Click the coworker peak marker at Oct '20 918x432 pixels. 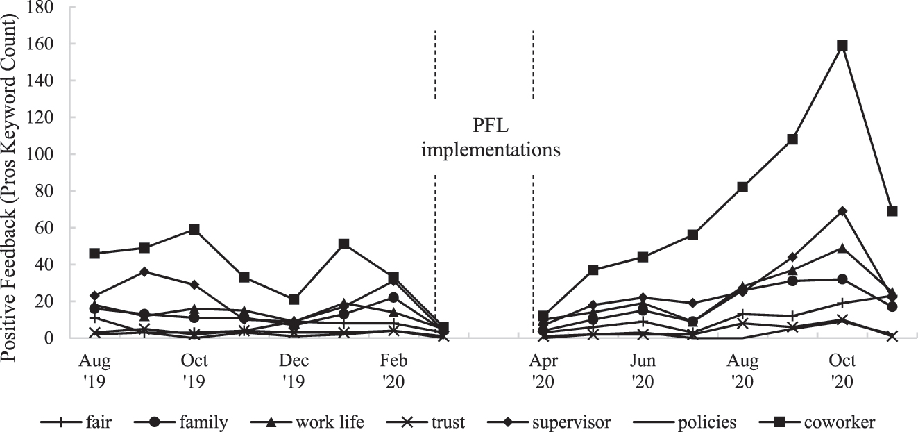click(842, 45)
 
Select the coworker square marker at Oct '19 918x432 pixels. click(194, 229)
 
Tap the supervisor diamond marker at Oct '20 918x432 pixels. click(842, 211)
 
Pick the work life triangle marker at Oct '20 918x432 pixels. click(842, 248)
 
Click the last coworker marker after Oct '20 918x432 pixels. click(892, 211)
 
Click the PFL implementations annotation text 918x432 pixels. click(491, 138)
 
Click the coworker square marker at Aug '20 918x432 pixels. click(742, 187)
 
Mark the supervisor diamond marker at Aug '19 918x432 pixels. click(94, 296)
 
